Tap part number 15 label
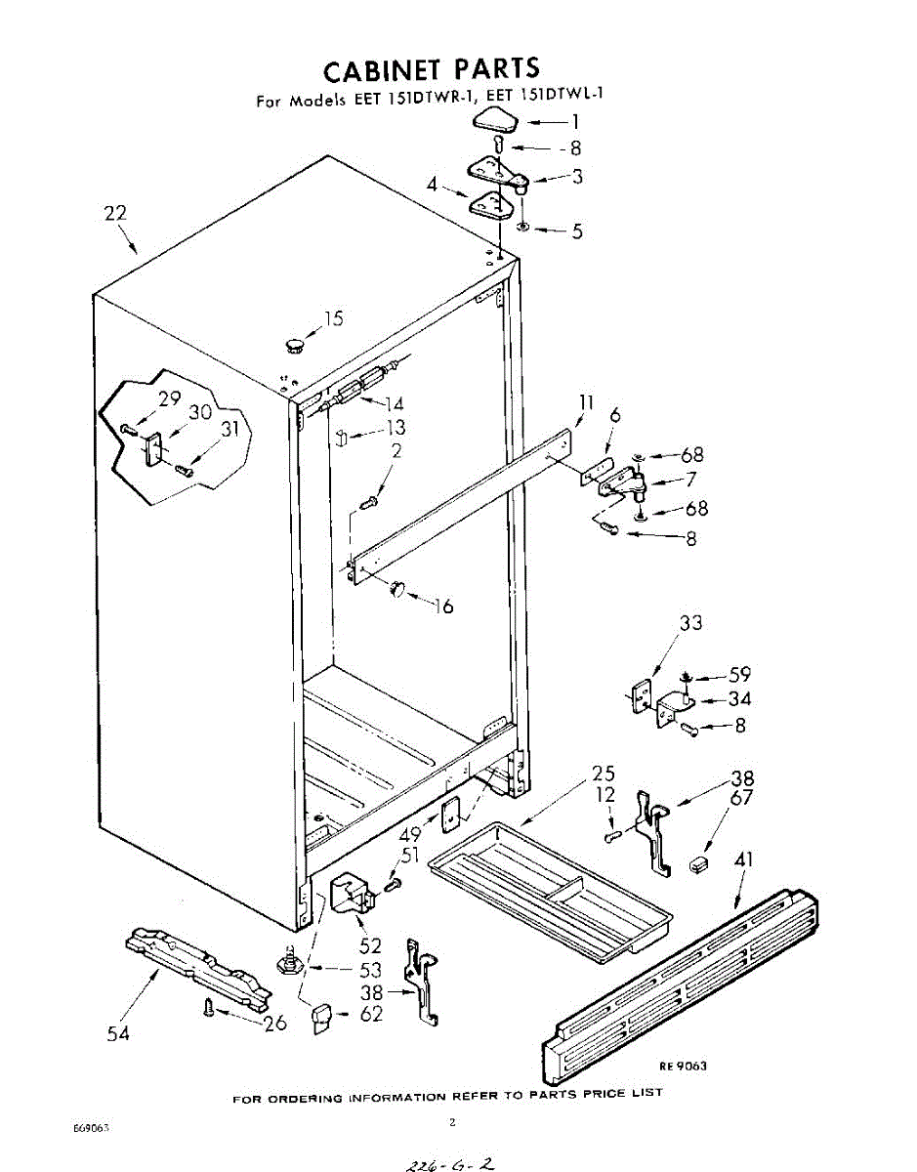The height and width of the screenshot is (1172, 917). click(x=334, y=318)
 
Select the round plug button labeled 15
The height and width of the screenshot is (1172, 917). click(x=293, y=343)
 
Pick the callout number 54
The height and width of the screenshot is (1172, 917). click(x=117, y=1033)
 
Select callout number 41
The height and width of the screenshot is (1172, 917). click(x=744, y=860)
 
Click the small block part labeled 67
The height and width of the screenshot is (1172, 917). click(x=698, y=863)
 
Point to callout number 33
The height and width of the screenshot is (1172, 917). click(x=690, y=623)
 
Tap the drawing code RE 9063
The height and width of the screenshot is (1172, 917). click(x=683, y=1066)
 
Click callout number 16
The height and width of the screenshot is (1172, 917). click(x=444, y=607)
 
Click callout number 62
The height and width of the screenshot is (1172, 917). click(x=370, y=1014)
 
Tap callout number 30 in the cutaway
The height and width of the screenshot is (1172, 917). click(x=200, y=412)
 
